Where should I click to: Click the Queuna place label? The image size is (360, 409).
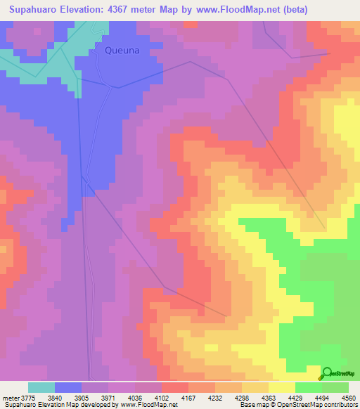tap(122, 51)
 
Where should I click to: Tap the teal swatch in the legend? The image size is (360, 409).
tap(41, 387)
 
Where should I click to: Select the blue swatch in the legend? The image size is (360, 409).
tap(68, 387)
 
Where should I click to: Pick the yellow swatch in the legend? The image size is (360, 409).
tap(282, 387)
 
